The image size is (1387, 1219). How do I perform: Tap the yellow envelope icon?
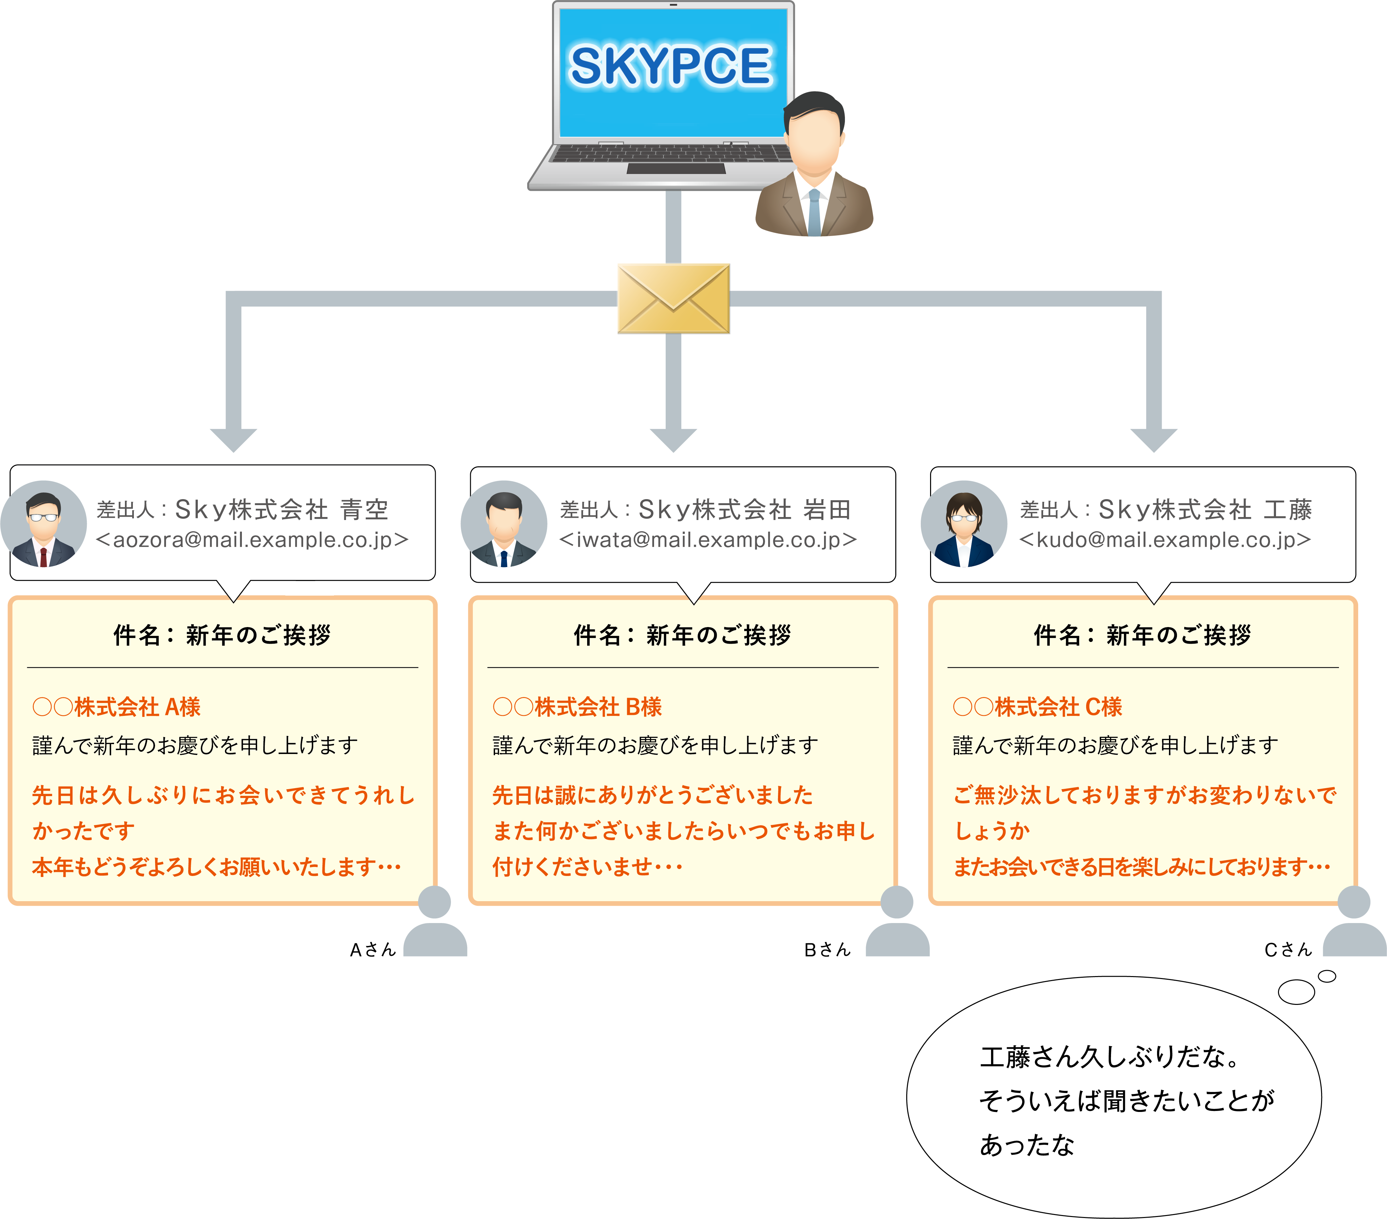(673, 299)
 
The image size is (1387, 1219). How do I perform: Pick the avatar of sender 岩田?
(504, 524)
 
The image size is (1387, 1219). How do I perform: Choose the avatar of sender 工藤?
(964, 524)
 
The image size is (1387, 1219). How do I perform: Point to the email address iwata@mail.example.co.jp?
(708, 540)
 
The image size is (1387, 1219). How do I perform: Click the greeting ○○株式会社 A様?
(117, 707)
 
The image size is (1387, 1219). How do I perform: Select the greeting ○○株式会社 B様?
(577, 707)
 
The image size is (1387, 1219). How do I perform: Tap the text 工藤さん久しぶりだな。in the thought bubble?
(1110, 1058)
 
